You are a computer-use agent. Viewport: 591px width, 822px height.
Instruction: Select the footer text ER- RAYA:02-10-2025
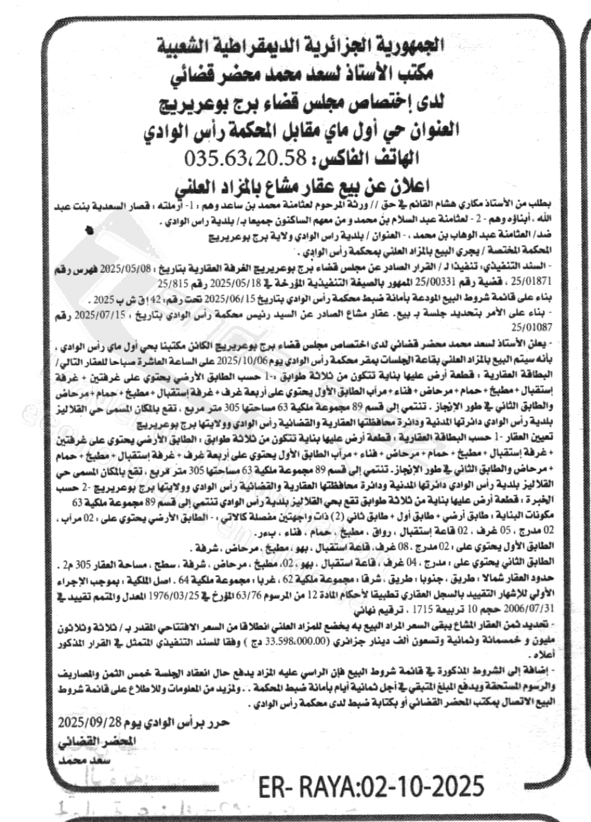click(x=371, y=787)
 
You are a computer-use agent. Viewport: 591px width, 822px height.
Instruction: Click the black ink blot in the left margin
click(x=88, y=229)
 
